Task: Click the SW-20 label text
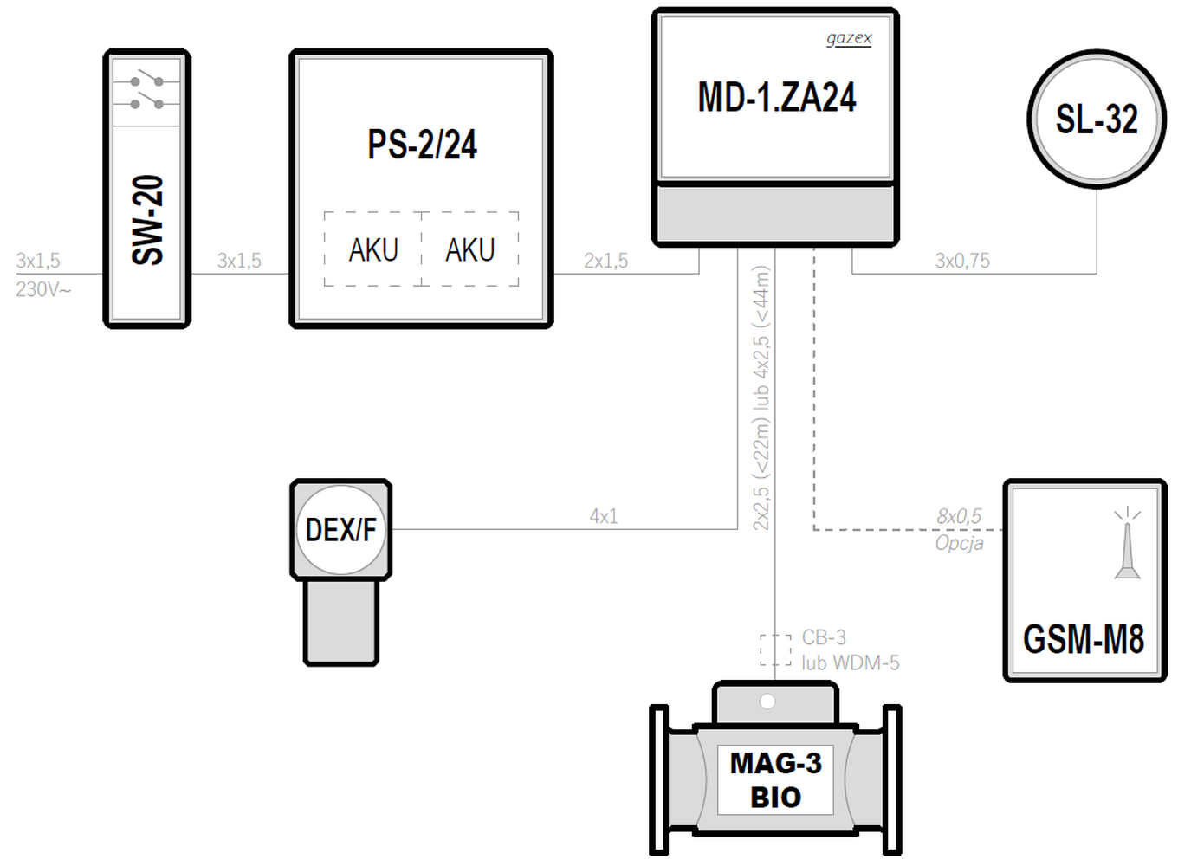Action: click(147, 220)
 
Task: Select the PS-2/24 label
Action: click(422, 145)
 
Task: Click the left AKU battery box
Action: click(373, 249)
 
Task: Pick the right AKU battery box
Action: click(470, 249)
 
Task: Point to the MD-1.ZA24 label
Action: click(776, 97)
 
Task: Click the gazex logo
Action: click(849, 38)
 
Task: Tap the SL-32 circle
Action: click(1097, 120)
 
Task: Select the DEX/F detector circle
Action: click(340, 529)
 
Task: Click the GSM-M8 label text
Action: click(1084, 639)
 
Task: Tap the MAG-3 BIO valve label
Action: click(775, 779)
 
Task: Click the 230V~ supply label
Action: click(43, 289)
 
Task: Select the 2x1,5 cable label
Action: click(605, 261)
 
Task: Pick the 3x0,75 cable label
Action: click(961, 261)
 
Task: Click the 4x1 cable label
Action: click(604, 516)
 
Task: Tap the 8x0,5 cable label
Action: click(959, 516)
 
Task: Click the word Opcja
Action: click(959, 543)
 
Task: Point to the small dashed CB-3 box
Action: click(775, 649)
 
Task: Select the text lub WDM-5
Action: click(850, 663)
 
